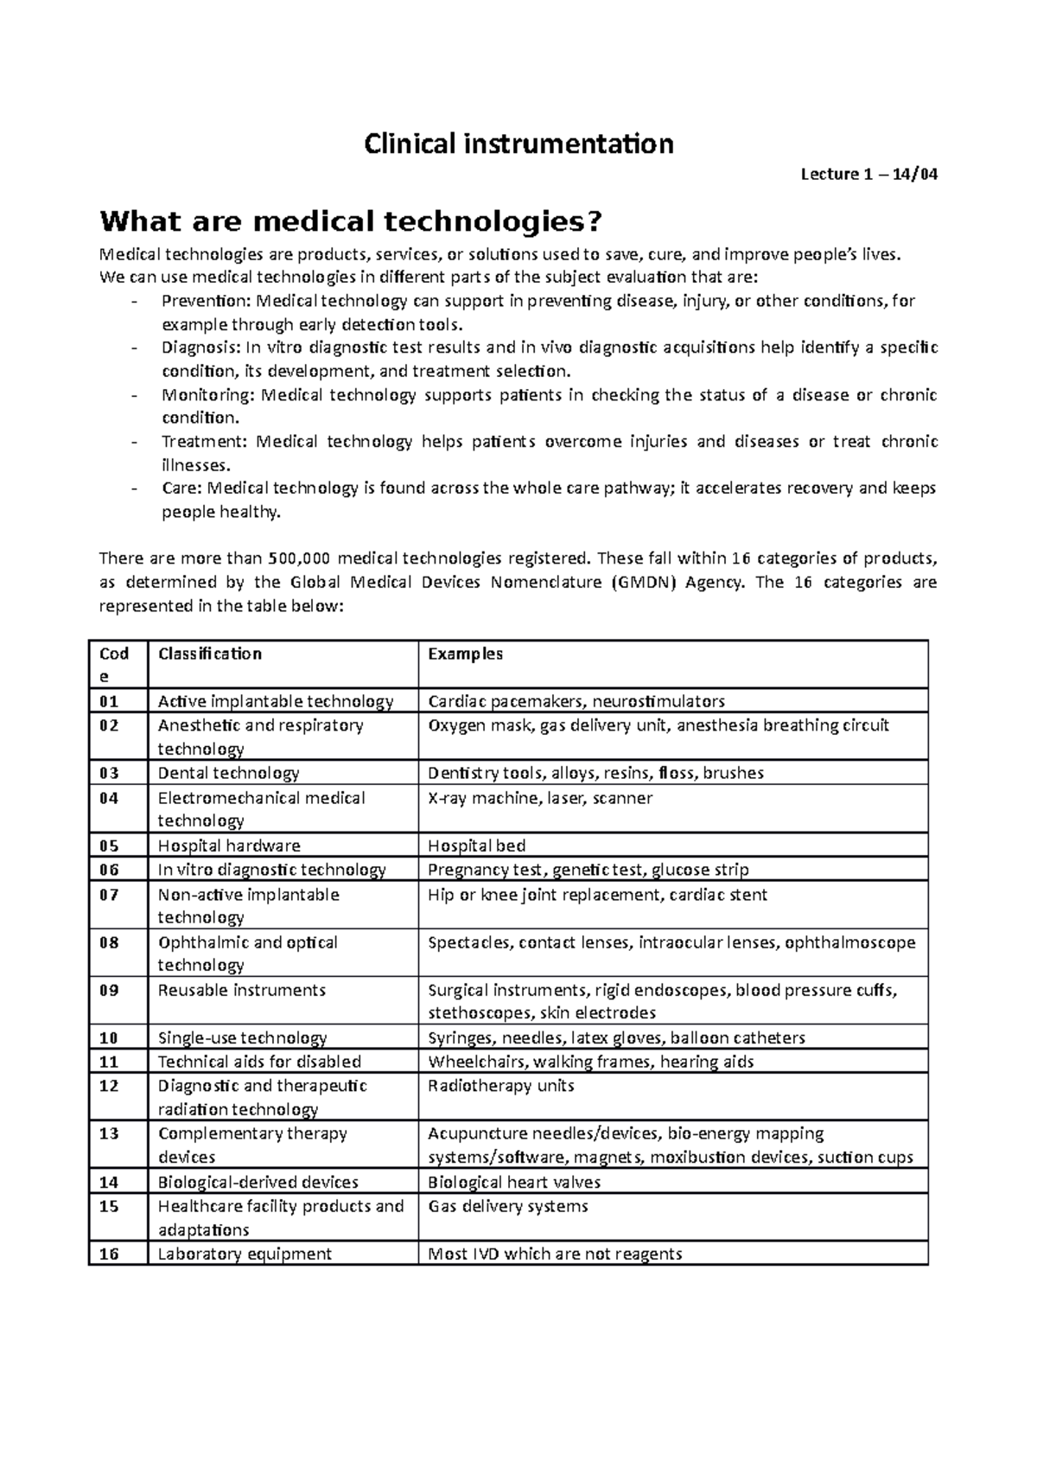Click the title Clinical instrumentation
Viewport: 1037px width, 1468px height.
pyautogui.click(x=518, y=144)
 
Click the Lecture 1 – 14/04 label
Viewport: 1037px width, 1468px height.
pyautogui.click(x=868, y=175)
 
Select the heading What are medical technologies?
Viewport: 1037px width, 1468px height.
pyautogui.click(x=350, y=222)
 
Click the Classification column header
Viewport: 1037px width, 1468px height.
pyautogui.click(x=210, y=654)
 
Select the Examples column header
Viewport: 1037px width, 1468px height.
pyautogui.click(x=466, y=654)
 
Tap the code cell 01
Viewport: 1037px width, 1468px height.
pyautogui.click(x=109, y=701)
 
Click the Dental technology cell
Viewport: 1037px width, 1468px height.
pyautogui.click(x=229, y=773)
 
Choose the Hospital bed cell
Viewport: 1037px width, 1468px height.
pyautogui.click(x=477, y=846)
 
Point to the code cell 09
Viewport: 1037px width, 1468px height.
pyautogui.click(x=109, y=990)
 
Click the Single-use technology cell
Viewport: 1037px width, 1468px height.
pyautogui.click(x=243, y=1037)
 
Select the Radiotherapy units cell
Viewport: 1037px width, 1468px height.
pyautogui.click(x=501, y=1086)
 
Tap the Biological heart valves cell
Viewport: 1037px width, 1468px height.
pyautogui.click(x=514, y=1182)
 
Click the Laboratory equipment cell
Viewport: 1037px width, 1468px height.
pyautogui.click(x=245, y=1254)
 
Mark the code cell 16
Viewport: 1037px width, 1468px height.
pyautogui.click(x=109, y=1254)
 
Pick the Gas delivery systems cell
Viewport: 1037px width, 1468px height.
pyautogui.click(x=508, y=1206)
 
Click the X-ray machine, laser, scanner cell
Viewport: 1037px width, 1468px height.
pyautogui.click(x=540, y=798)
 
